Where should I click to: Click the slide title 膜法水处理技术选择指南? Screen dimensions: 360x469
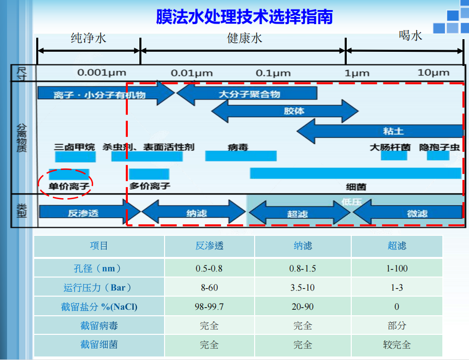tap(244, 17)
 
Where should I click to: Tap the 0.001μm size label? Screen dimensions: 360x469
tap(101, 72)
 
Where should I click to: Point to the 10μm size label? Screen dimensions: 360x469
tap(433, 72)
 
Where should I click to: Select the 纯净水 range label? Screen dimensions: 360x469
tap(89, 38)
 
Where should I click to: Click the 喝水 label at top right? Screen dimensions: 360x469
tap(410, 35)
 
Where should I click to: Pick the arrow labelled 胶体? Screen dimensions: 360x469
tap(285, 111)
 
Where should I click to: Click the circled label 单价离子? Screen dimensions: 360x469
tap(69, 186)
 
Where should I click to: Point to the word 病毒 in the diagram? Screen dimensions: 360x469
tap(238, 147)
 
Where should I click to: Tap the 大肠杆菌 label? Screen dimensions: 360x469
tap(390, 147)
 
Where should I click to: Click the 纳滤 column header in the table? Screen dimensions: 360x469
tap(303, 246)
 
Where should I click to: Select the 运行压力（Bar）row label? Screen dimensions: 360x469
tap(99, 288)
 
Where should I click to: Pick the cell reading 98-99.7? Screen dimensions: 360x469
tap(209, 307)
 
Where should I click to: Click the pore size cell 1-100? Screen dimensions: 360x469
tap(397, 268)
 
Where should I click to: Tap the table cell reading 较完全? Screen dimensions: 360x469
tap(397, 345)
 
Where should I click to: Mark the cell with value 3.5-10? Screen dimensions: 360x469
tap(303, 288)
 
